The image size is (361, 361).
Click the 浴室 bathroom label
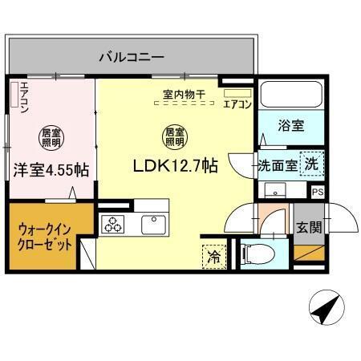click(x=290, y=126)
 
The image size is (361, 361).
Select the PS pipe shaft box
click(x=318, y=191)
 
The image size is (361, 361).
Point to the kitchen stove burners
click(x=112, y=225)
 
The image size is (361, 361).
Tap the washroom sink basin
click(x=276, y=191)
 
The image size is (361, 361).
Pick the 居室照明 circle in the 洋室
click(x=51, y=136)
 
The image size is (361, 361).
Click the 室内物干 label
click(x=184, y=95)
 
